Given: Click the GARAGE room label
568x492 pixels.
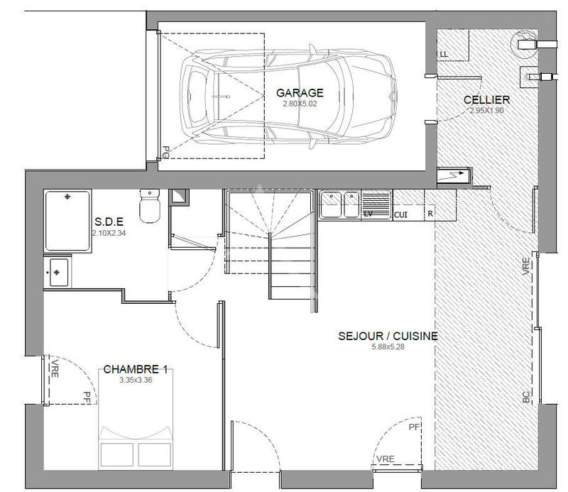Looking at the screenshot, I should click(x=300, y=93).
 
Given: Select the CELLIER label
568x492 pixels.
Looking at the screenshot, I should click(x=487, y=100).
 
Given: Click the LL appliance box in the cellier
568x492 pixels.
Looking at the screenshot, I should click(x=444, y=54).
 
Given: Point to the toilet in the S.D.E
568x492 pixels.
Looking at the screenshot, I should click(x=150, y=207).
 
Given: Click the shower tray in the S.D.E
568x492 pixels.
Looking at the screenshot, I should click(x=67, y=220).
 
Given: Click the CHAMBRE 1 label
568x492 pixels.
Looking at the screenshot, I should click(x=136, y=370).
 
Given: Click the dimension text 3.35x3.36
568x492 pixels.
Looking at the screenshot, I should click(x=136, y=381).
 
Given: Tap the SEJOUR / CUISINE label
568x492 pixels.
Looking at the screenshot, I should click(x=388, y=337).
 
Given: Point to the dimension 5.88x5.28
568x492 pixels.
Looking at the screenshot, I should click(x=388, y=348).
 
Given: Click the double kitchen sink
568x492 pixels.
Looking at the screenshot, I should click(x=339, y=205).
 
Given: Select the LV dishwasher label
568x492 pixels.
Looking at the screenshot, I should click(x=368, y=213).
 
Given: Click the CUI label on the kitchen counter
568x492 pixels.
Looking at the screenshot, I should click(x=400, y=214).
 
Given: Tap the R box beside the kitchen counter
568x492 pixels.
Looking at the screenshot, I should click(x=430, y=213).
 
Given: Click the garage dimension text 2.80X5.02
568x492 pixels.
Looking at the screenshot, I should click(x=300, y=104).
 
